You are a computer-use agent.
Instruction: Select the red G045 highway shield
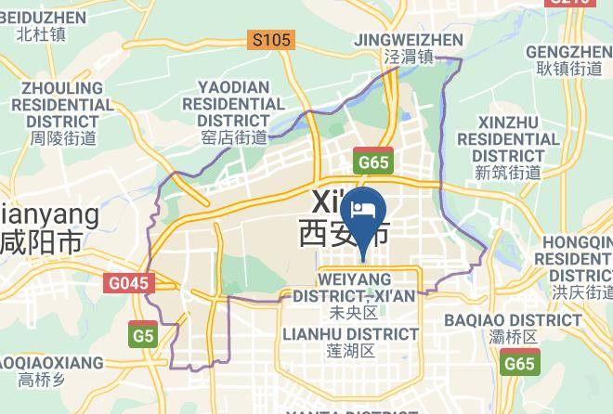pos(128,283)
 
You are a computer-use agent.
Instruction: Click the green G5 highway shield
pos(142,335)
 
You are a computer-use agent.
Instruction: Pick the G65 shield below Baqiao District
pos(519,364)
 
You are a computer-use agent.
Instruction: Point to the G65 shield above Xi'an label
pos(373,162)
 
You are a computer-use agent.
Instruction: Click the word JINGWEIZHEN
pos(410,40)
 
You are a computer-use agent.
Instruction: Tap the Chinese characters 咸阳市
pos(42,243)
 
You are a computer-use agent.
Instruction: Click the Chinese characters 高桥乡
pos(40,379)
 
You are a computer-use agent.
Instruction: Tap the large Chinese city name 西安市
pos(343,233)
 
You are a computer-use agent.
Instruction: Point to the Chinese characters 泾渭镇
pos(410,58)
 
